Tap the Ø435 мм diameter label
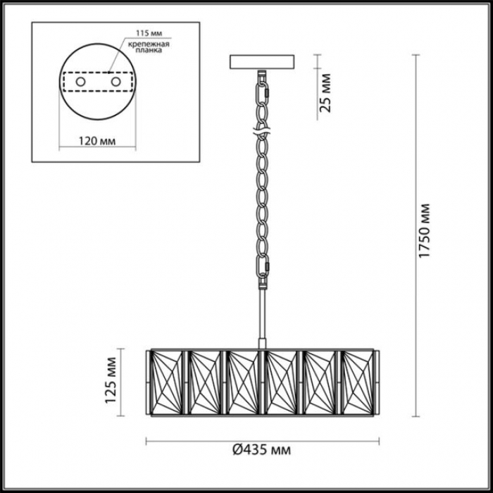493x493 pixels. (262, 450)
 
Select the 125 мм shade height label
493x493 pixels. (111, 380)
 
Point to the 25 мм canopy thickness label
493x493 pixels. (325, 93)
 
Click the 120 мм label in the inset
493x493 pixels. (96, 141)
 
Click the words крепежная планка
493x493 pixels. (149, 47)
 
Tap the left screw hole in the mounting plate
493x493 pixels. (80, 82)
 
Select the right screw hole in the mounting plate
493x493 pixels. (116, 82)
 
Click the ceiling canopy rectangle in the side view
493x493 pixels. (262, 62)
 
